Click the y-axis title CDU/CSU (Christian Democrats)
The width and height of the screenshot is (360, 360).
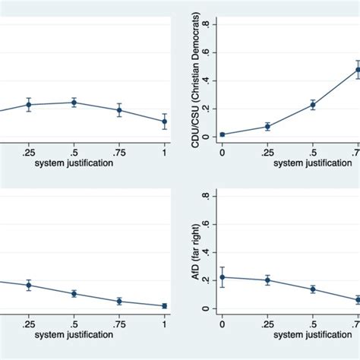[x=196, y=81]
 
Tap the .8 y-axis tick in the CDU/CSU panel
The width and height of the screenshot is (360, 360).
[x=207, y=24]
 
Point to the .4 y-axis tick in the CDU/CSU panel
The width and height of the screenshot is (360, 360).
[x=207, y=81]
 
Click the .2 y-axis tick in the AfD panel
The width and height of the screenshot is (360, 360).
[x=207, y=281]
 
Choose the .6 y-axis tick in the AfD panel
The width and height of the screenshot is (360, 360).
[x=207, y=225]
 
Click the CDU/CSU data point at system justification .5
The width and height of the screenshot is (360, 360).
[x=312, y=105]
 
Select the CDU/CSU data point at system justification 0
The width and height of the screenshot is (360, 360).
[x=222, y=134]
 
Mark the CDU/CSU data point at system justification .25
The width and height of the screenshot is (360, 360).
[x=267, y=126]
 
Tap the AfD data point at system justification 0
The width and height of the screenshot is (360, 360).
[x=222, y=277]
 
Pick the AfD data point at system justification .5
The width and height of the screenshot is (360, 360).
[x=312, y=289]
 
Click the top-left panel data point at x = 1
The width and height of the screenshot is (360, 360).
[x=165, y=122]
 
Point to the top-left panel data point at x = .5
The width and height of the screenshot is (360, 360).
[x=74, y=103]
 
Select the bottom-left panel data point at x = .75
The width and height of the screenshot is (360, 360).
[x=119, y=302]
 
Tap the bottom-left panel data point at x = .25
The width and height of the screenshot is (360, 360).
[x=29, y=286]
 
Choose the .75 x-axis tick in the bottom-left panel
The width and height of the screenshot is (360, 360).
[x=119, y=324]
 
